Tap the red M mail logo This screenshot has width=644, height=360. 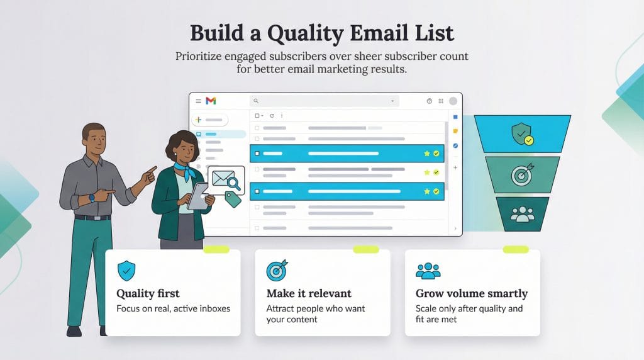click(211, 101)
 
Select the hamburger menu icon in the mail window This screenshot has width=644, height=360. click(198, 101)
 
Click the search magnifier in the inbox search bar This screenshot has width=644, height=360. click(257, 101)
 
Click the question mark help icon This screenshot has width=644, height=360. click(430, 101)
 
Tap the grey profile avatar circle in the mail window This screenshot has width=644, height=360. click(452, 101)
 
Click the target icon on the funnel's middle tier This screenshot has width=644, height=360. click(522, 175)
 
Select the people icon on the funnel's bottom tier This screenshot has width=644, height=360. click(522, 214)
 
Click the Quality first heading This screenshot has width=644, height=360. click(148, 293)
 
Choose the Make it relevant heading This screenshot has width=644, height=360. click(309, 293)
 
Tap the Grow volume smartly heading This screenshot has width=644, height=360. click(471, 293)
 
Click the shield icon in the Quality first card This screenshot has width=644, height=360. click(126, 271)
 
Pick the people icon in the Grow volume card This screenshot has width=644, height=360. click(428, 271)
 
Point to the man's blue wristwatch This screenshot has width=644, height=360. click(92, 197)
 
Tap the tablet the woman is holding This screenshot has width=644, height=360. click(197, 196)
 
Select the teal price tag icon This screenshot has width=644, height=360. click(233, 200)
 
